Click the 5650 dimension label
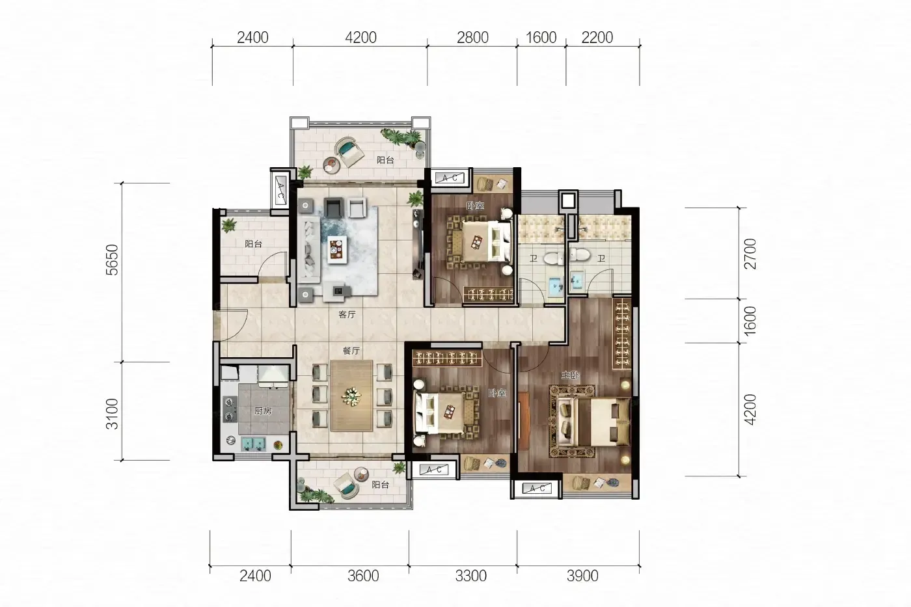tap(112, 260)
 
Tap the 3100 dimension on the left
tap(112, 414)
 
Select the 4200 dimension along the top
tap(360, 37)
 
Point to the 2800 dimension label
tap(472, 37)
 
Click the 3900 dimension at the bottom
tap(582, 576)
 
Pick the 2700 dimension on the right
tap(750, 254)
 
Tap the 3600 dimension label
tap(363, 576)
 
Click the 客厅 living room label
tap(347, 314)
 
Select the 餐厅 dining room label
tap(351, 351)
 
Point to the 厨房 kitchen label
tap(263, 411)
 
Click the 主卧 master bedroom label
tap(571, 375)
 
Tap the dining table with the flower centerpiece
tap(352, 396)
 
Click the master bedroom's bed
tap(590, 421)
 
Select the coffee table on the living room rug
tap(338, 250)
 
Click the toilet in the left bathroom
tap(554, 257)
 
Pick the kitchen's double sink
tap(253, 444)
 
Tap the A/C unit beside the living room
tap(280, 190)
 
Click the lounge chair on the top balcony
tap(350, 152)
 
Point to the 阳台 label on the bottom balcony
tap(380, 485)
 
